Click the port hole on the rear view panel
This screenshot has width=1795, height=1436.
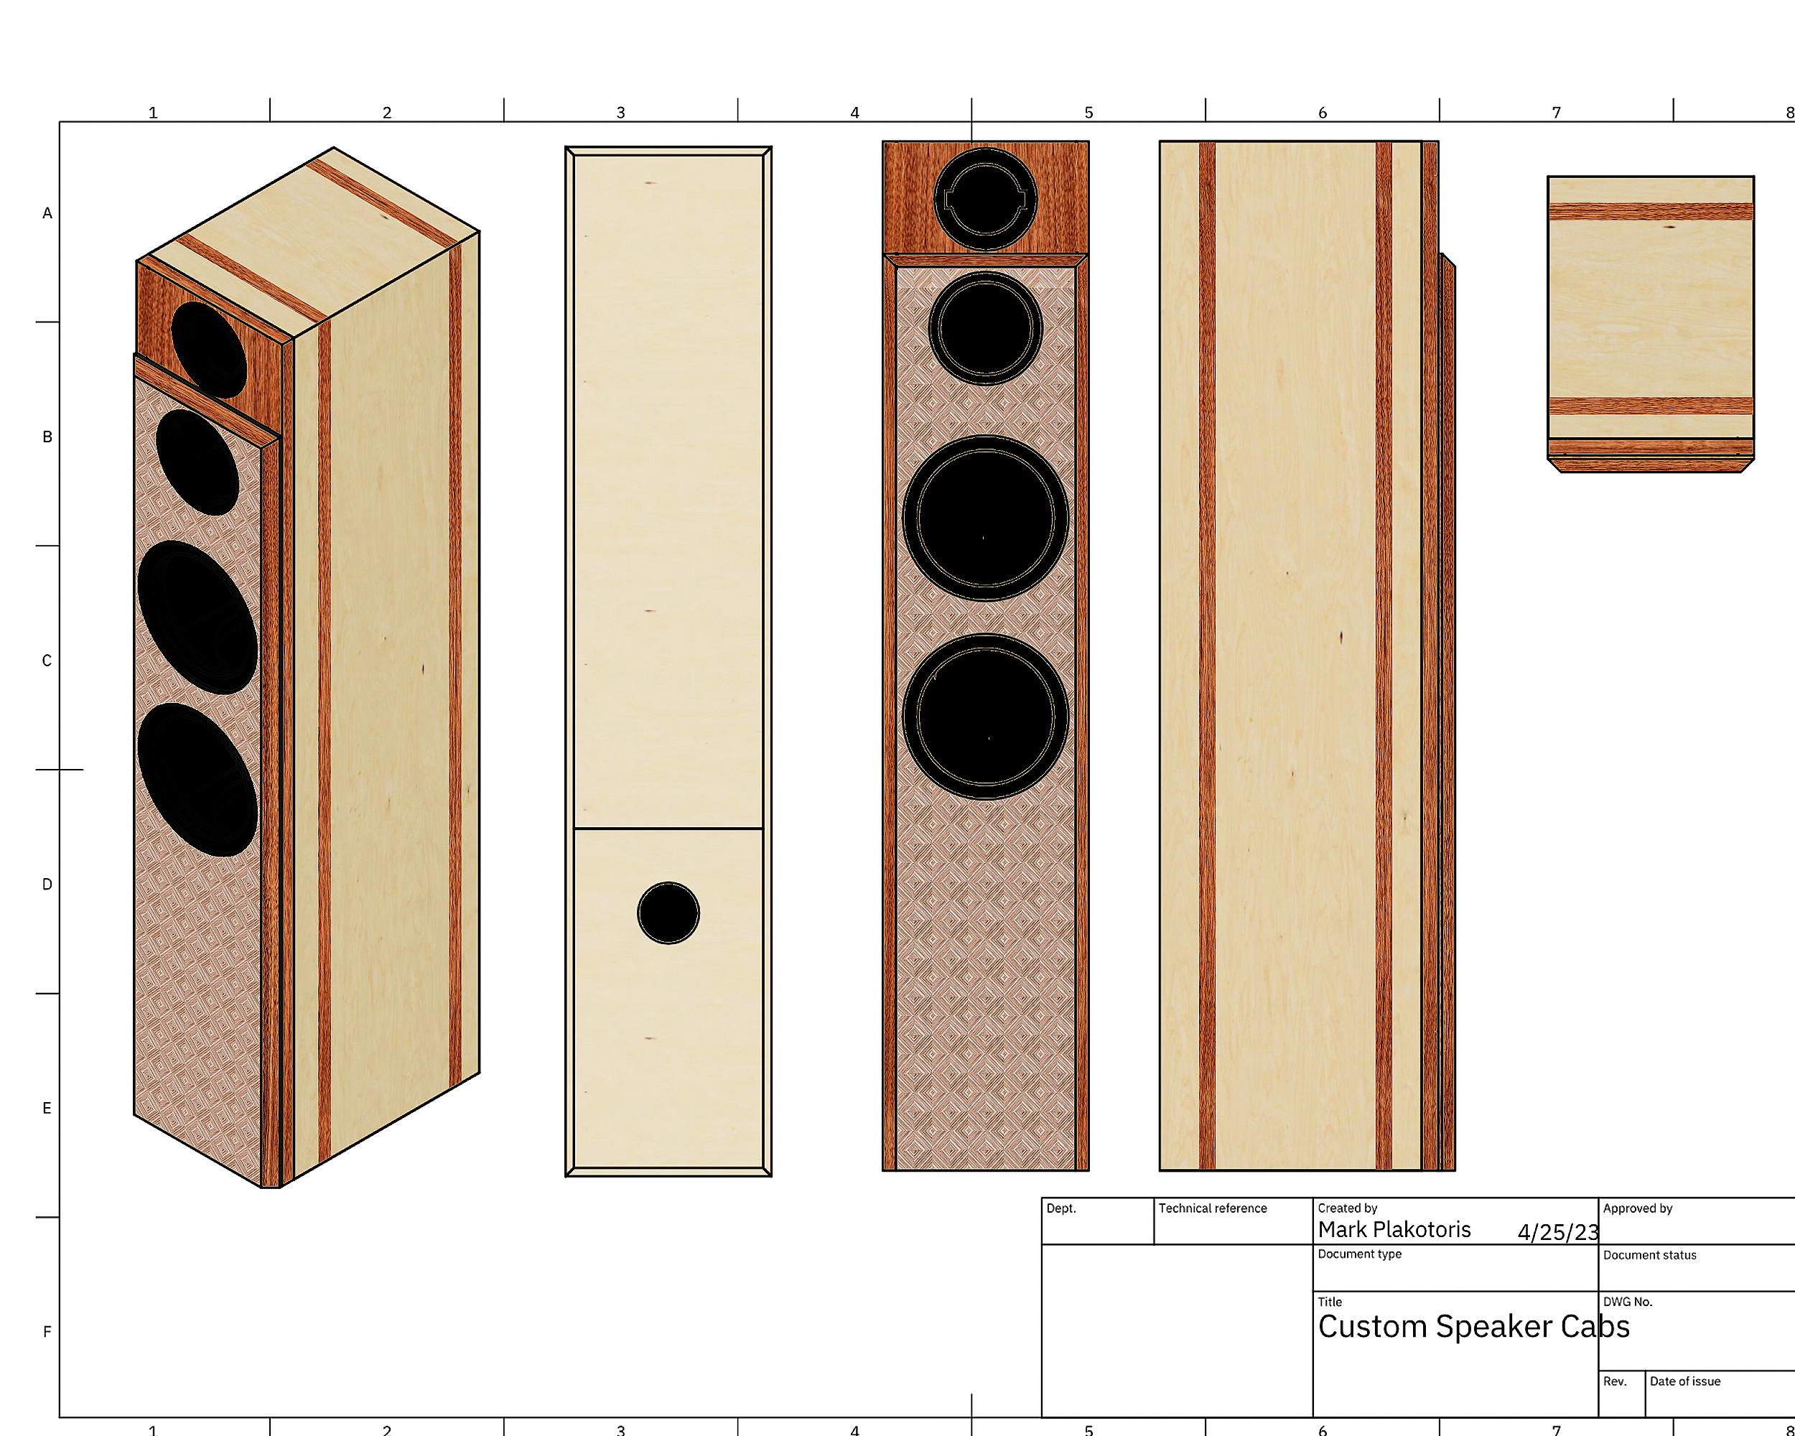point(668,913)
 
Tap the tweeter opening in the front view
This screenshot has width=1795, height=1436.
point(985,200)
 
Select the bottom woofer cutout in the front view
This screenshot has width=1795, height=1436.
point(985,717)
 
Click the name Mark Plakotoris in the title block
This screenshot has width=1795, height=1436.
point(1394,1229)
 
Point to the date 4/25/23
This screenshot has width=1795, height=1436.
point(1557,1232)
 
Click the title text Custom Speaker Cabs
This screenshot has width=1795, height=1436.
point(1473,1327)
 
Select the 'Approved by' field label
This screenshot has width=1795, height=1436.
point(1637,1208)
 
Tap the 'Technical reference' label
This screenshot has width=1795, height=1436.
point(1212,1208)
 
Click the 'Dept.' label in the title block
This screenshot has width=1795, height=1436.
point(1060,1208)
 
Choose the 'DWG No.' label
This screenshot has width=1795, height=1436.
point(1627,1302)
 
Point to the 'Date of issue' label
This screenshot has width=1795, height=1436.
point(1684,1381)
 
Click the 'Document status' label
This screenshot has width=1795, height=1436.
point(1649,1254)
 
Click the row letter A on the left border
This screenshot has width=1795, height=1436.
point(47,213)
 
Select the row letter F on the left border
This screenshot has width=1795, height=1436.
point(47,1332)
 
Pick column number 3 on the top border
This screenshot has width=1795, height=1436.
point(620,113)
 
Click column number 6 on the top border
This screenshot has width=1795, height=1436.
point(1322,113)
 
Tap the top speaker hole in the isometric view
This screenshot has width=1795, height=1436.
point(208,349)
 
